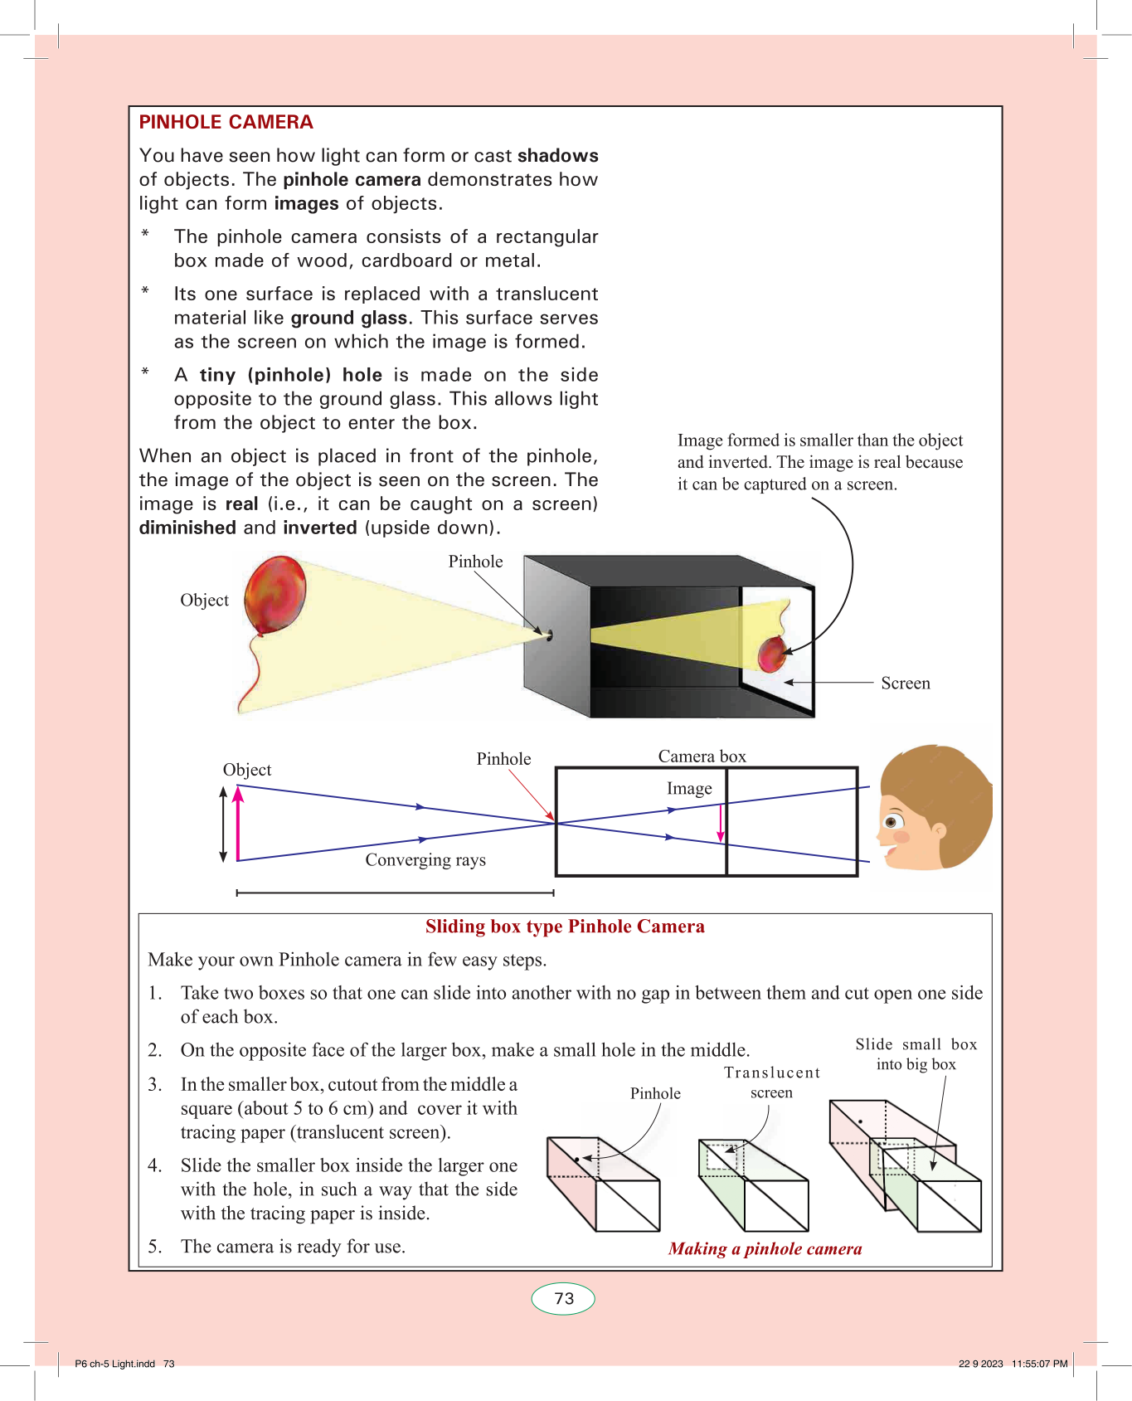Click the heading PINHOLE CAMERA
(x=226, y=122)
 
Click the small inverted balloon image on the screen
(x=772, y=654)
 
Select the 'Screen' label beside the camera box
(x=905, y=683)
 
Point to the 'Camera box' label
(x=702, y=756)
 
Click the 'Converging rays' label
(x=425, y=860)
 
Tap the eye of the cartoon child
(x=892, y=822)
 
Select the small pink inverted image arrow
(x=721, y=823)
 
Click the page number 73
(x=564, y=1298)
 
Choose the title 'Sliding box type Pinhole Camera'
(x=565, y=927)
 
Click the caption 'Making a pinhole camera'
(x=765, y=1249)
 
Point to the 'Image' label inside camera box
(x=689, y=789)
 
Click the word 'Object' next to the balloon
(x=204, y=601)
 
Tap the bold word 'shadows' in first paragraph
(x=557, y=156)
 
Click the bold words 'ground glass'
(x=348, y=318)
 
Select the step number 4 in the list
(x=154, y=1165)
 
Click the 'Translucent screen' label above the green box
(x=772, y=1082)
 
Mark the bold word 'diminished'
(x=187, y=528)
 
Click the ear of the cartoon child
(x=939, y=829)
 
